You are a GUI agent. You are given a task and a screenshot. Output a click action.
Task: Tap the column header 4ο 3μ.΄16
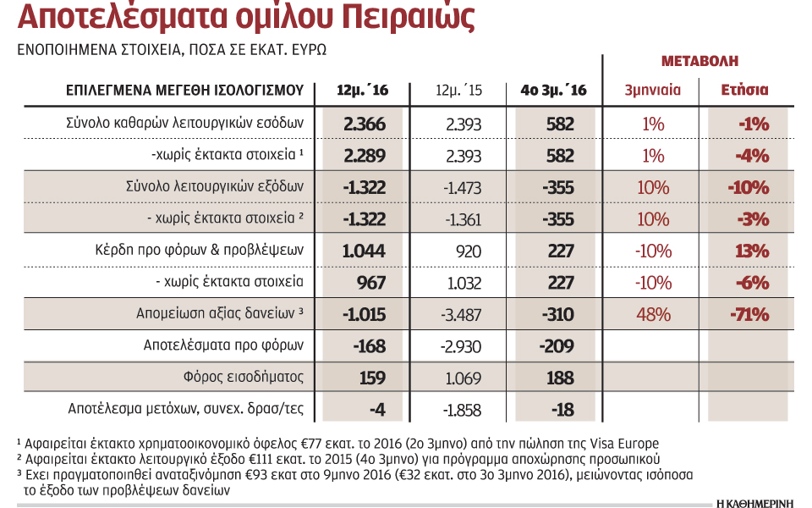[x=555, y=90]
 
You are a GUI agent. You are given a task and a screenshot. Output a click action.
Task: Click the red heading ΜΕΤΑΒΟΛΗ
[x=699, y=61]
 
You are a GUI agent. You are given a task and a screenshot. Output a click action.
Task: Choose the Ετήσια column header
[x=744, y=90]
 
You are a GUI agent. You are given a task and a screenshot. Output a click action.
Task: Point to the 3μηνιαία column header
[x=652, y=90]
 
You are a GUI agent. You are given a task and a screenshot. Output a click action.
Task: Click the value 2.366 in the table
[x=365, y=124]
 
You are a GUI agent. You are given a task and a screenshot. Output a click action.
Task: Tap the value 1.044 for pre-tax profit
[x=365, y=251]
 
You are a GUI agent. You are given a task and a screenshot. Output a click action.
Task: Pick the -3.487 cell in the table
[x=461, y=314]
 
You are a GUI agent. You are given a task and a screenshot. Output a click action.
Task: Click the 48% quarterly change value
[x=652, y=314]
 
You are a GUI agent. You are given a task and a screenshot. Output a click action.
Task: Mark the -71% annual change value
[x=749, y=314]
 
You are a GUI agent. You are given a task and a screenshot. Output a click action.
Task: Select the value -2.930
[x=461, y=345]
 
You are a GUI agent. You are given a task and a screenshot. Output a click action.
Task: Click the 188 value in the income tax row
[x=557, y=378]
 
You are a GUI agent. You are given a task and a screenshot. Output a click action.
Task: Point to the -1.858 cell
[x=461, y=409]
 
